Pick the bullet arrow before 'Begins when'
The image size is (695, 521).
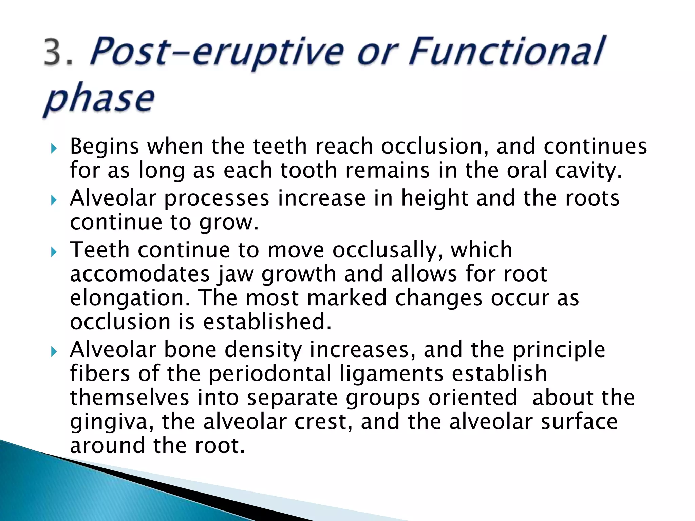53,148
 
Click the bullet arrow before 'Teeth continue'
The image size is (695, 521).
53,252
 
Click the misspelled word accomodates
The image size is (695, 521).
140,274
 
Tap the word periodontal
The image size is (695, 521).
269,374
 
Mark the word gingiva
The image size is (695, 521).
111,423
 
